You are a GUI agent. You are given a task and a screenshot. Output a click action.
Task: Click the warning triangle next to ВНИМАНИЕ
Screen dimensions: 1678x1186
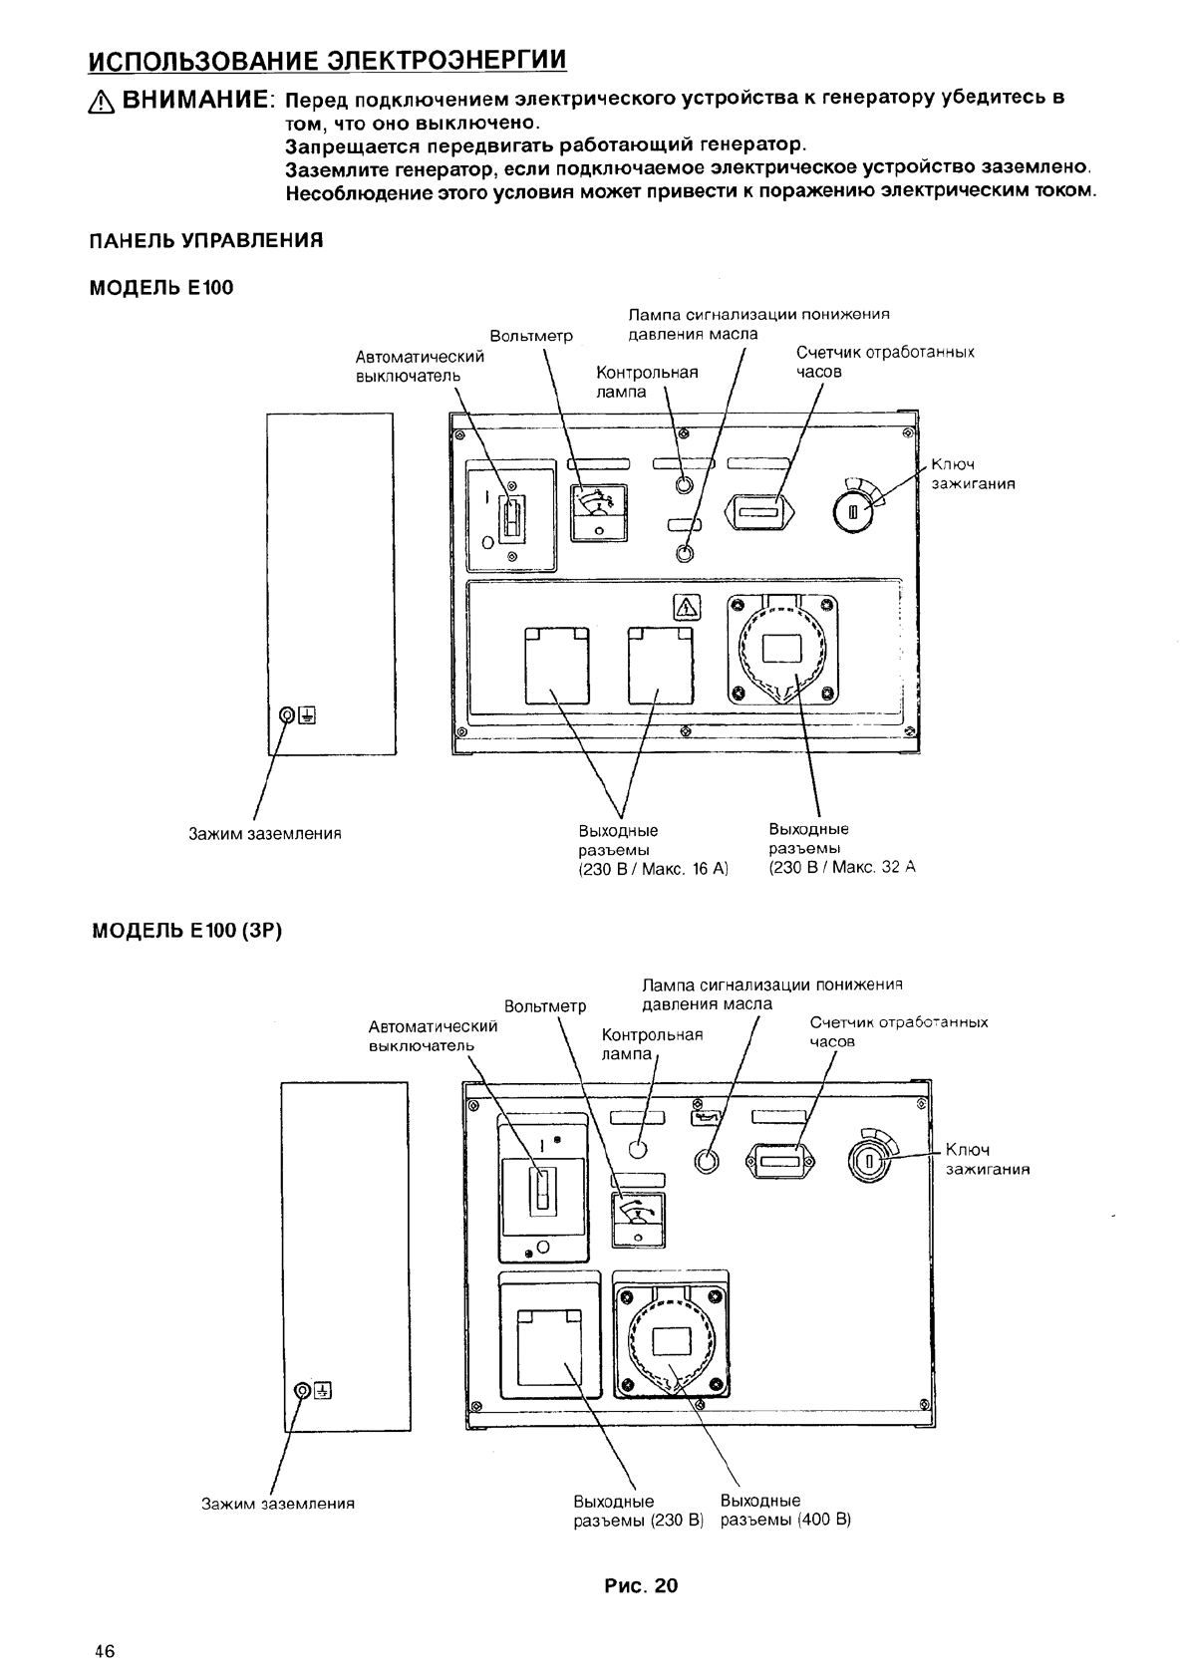(x=103, y=101)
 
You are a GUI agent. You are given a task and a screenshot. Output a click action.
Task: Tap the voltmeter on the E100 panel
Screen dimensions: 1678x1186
(x=599, y=510)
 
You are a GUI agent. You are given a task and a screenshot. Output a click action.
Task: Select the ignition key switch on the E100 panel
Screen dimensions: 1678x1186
(x=853, y=512)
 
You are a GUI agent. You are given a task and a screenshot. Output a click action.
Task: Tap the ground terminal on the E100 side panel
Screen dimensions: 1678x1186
(x=287, y=715)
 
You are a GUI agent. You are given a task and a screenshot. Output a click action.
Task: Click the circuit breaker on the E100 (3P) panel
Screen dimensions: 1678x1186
(x=542, y=1190)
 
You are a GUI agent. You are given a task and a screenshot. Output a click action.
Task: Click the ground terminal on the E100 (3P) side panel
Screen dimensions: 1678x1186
(x=304, y=1391)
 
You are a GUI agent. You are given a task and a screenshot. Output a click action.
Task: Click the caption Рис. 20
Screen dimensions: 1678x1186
(x=641, y=1586)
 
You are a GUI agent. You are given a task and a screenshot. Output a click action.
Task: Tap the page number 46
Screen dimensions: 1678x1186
(x=105, y=1651)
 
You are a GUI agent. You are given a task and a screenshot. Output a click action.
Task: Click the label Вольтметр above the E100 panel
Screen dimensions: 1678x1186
(x=531, y=337)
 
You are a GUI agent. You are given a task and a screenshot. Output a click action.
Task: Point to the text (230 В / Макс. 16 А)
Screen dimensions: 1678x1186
(x=653, y=869)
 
